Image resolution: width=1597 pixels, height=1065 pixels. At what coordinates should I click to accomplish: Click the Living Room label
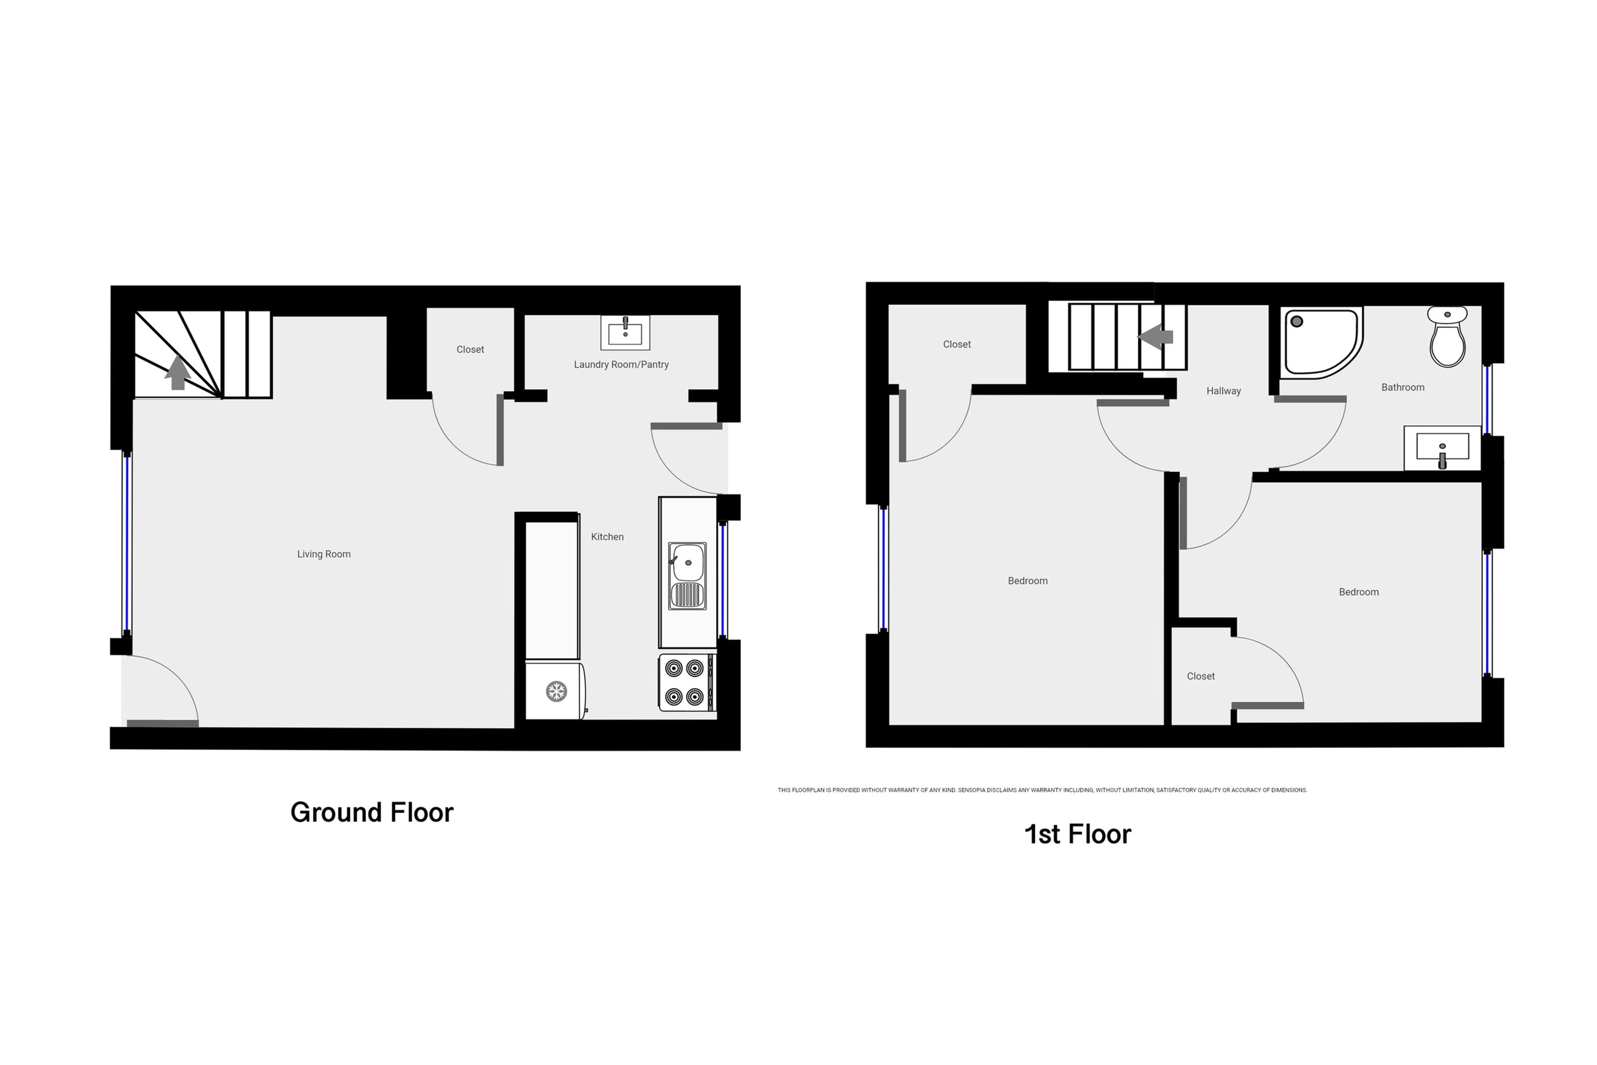point(324,554)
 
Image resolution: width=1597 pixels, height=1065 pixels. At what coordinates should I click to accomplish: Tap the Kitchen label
point(607,536)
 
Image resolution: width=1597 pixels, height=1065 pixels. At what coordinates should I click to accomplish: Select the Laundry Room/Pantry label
point(622,365)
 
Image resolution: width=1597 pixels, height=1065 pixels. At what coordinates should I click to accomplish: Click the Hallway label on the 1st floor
point(1224,391)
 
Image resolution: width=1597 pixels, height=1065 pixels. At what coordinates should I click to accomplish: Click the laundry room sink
point(625,332)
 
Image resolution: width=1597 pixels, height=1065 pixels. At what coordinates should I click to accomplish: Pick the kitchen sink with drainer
point(687,576)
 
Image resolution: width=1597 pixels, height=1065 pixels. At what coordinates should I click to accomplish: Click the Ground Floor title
point(371,812)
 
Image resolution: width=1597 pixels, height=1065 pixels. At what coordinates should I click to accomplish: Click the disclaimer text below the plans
point(1042,790)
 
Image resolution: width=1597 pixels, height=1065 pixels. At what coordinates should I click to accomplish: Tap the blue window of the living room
point(126,544)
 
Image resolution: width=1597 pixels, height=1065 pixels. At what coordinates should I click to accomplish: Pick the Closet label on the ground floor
point(470,350)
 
